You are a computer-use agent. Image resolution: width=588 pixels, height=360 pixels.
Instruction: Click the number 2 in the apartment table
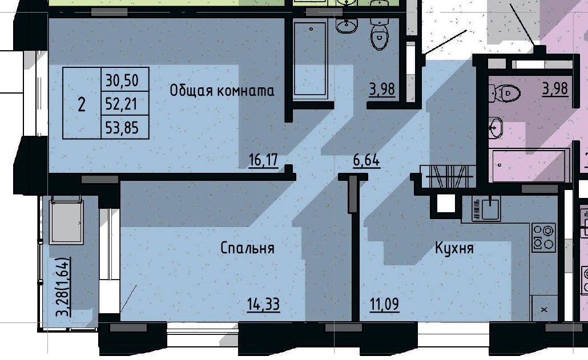tap(82, 104)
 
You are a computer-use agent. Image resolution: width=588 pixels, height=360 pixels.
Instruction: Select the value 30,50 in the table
tap(122, 80)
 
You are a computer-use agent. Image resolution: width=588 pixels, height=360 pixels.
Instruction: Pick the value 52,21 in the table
tap(122, 104)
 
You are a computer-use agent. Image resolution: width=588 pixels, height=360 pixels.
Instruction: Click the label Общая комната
tap(221, 91)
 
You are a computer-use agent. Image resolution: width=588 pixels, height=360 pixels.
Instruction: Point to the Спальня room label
tap(247, 248)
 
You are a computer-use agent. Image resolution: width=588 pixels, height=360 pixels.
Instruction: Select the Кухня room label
tap(454, 248)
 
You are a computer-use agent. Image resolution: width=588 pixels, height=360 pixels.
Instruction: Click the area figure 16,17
tap(263, 160)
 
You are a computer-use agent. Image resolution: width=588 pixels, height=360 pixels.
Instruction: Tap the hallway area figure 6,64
tap(366, 160)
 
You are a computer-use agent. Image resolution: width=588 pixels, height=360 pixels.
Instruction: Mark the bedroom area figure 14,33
tap(263, 305)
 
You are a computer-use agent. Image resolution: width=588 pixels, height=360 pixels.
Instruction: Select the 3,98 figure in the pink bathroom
tap(555, 89)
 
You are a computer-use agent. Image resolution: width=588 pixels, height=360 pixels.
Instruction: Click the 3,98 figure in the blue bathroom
tap(382, 89)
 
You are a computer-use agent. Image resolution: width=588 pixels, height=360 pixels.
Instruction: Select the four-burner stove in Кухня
tap(543, 237)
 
